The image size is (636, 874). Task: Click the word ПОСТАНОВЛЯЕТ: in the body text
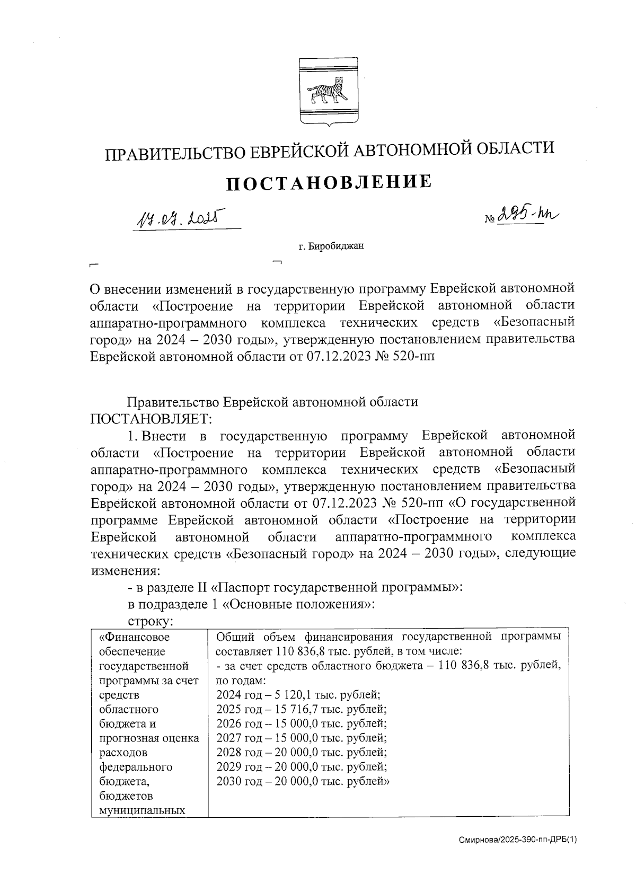(151, 419)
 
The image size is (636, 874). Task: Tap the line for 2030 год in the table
(303, 781)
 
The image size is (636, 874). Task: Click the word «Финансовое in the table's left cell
(135, 637)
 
